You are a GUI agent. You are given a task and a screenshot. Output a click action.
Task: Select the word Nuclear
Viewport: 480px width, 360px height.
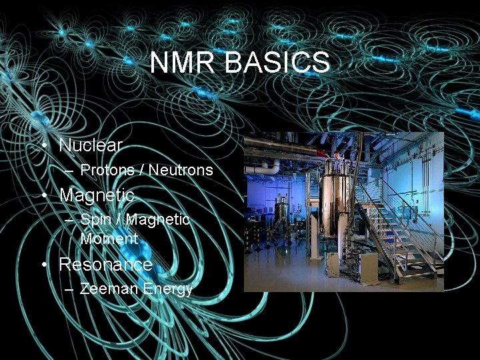pyautogui.click(x=91, y=145)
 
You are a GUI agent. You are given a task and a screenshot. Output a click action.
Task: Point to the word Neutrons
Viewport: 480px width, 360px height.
pyautogui.click(x=181, y=170)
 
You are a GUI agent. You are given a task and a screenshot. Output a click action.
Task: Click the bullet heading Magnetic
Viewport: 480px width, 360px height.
pyautogui.click(x=97, y=195)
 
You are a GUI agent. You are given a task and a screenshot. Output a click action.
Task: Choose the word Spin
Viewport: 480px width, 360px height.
pyautogui.click(x=94, y=219)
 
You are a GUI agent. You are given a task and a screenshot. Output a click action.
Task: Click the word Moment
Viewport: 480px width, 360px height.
pyautogui.click(x=109, y=238)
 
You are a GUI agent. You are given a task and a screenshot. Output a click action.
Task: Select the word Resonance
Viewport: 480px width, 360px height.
pyautogui.click(x=106, y=265)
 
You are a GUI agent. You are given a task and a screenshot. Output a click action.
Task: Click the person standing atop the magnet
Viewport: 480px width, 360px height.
pyautogui.click(x=338, y=162)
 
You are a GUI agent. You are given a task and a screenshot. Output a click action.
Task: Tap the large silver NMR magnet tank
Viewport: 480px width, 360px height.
pyautogui.click(x=335, y=203)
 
